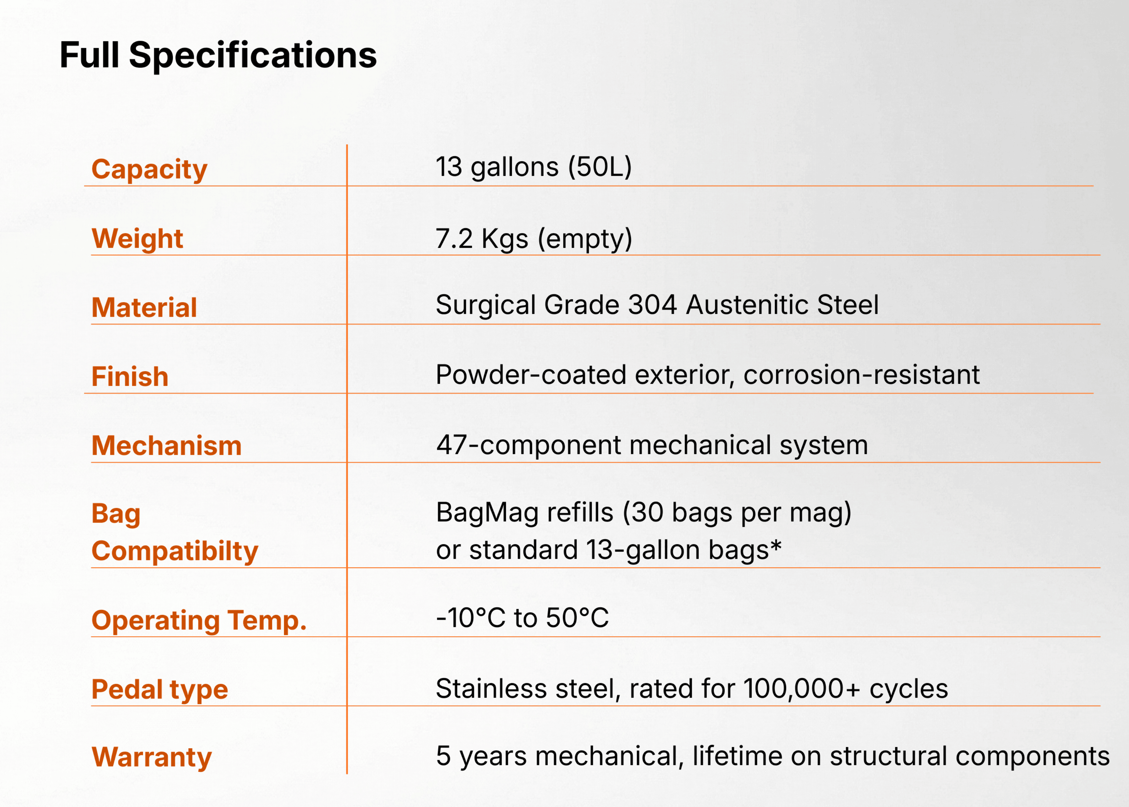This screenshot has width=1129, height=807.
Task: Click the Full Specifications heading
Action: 218,55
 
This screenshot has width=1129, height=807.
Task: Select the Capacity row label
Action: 149,170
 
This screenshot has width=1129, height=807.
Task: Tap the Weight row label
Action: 137,239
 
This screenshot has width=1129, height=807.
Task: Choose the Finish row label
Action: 130,376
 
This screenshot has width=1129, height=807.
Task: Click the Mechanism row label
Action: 167,445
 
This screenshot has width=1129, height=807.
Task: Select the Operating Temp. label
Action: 199,621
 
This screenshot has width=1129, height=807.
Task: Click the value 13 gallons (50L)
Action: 534,167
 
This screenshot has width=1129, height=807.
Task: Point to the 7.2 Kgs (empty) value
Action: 534,239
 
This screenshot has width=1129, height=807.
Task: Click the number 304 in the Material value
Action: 652,305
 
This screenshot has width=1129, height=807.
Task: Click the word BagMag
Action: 487,513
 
